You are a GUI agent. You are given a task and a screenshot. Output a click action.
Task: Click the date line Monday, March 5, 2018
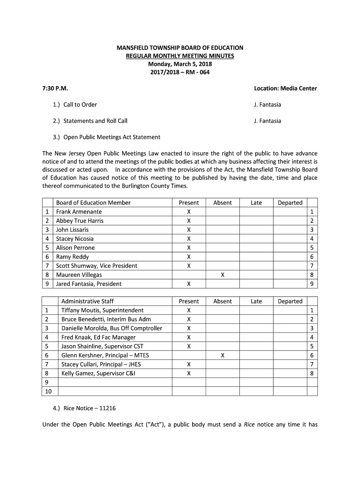point(180,64)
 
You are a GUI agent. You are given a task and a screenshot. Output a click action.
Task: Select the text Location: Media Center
point(285,88)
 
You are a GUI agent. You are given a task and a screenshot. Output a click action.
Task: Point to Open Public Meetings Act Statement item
point(112,137)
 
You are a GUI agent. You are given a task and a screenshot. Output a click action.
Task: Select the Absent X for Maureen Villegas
point(223,275)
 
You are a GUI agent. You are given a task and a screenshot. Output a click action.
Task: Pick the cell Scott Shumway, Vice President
point(96,266)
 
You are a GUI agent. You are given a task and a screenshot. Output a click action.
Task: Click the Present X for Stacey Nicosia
point(189,239)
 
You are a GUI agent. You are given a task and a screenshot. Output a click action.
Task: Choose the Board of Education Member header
point(93,203)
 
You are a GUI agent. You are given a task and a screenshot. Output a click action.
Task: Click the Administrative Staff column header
point(87,301)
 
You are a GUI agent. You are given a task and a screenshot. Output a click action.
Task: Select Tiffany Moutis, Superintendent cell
point(102,311)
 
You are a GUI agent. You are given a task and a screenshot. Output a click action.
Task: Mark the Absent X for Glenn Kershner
point(223,356)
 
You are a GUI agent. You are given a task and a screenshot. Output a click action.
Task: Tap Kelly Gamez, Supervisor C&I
point(98,373)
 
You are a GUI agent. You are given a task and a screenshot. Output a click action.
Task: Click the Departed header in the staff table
point(290,301)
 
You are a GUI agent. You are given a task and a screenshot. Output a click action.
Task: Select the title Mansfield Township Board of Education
point(180,48)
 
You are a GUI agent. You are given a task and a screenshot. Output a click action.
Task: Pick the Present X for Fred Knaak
point(189,337)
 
